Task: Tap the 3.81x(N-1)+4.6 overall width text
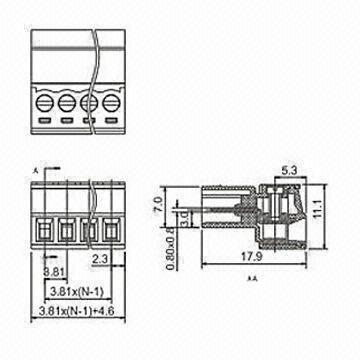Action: (73, 312)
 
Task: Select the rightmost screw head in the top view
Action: (111, 102)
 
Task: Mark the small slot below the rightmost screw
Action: (111, 122)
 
